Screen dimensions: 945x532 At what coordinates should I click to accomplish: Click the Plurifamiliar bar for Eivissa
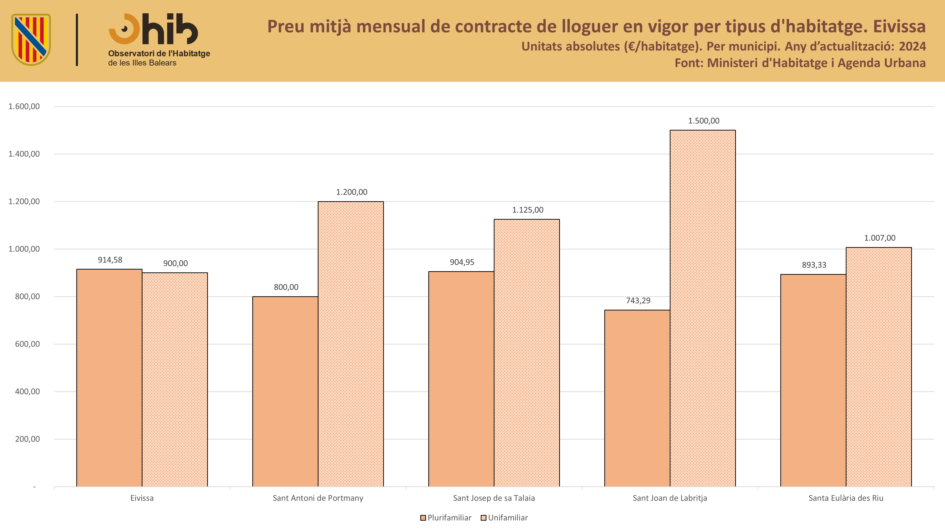(x=109, y=378)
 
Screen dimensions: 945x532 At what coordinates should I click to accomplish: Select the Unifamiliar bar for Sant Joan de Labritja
(x=703, y=308)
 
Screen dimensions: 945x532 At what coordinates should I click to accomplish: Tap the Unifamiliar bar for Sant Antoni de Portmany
(x=351, y=344)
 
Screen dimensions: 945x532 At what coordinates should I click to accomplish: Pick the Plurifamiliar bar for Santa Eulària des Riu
(x=813, y=380)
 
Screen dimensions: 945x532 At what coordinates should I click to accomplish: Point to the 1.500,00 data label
(x=704, y=121)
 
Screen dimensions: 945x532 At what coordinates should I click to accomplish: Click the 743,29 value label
(x=638, y=301)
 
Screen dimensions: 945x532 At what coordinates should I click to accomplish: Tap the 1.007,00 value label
(x=880, y=238)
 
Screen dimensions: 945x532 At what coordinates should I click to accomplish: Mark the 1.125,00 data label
(x=528, y=210)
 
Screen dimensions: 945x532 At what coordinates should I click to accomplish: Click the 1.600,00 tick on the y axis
(x=24, y=106)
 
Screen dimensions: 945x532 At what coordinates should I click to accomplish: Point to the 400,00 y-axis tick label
(x=27, y=391)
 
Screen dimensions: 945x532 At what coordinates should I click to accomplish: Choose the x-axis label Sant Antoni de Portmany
(x=318, y=498)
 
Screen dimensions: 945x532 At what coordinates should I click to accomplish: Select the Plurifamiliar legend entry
(x=446, y=518)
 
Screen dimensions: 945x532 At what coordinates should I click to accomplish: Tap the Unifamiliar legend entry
(x=504, y=518)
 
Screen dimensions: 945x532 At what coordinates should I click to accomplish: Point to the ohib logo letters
(x=153, y=29)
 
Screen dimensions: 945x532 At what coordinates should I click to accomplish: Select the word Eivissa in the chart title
(x=899, y=26)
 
